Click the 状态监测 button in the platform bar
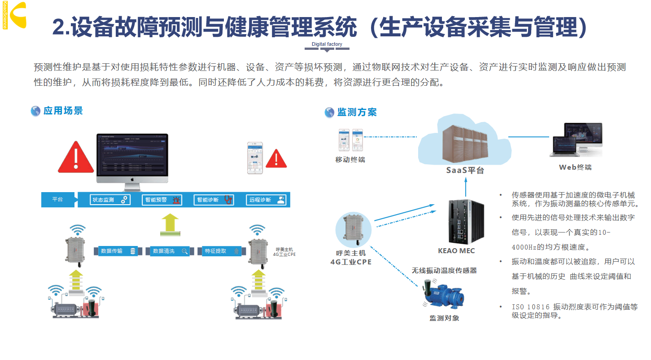(x=110, y=200)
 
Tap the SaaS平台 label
(x=465, y=171)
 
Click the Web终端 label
(x=575, y=167)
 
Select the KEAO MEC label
(x=456, y=251)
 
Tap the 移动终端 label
(x=350, y=159)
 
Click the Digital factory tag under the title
(x=327, y=44)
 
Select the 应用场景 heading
(x=63, y=111)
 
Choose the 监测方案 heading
(x=357, y=112)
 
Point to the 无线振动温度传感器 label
(x=444, y=270)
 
